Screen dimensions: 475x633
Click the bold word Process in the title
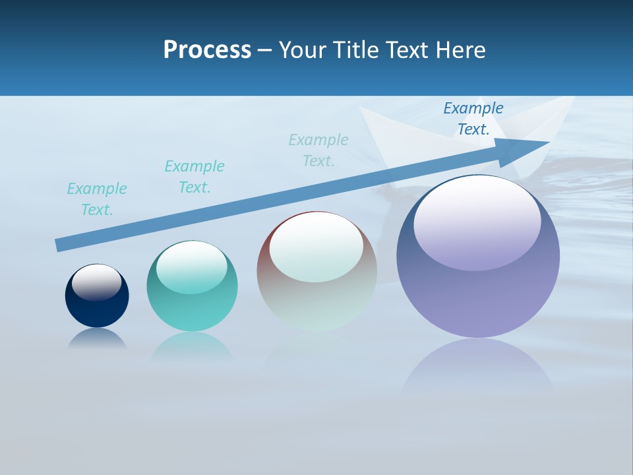[x=207, y=50]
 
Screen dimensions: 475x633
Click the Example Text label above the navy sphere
[x=97, y=199]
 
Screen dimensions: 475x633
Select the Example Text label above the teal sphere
[x=195, y=177]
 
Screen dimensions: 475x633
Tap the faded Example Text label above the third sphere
[x=318, y=150]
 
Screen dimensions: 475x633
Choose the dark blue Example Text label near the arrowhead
[x=473, y=119]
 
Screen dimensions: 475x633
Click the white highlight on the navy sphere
[x=97, y=282]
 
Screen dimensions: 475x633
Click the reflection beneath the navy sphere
[x=97, y=338]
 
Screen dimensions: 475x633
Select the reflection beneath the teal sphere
[x=192, y=346]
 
